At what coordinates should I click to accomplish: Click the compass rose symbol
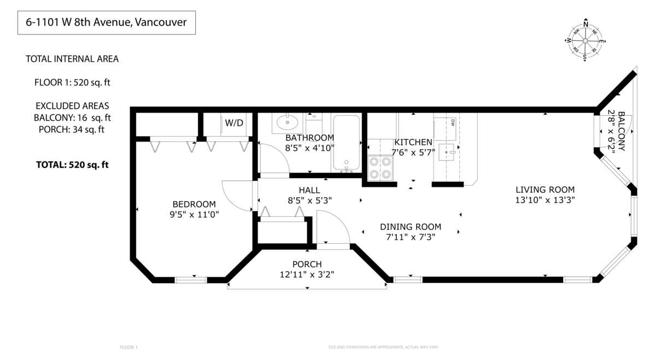click(x=585, y=40)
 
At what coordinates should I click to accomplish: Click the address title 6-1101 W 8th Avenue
click(x=107, y=23)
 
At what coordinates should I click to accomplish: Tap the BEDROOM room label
click(x=194, y=204)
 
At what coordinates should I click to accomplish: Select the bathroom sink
click(x=287, y=121)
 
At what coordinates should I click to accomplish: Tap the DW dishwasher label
click(x=453, y=122)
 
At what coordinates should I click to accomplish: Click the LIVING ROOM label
click(x=544, y=190)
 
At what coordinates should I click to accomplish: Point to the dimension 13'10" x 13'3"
click(x=544, y=200)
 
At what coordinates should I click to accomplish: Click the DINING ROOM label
click(x=410, y=227)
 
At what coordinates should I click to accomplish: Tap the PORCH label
click(x=307, y=264)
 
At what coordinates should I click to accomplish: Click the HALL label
click(x=309, y=190)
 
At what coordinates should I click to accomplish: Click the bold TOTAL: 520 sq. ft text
click(x=72, y=164)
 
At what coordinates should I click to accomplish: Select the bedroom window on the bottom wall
click(x=191, y=280)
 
